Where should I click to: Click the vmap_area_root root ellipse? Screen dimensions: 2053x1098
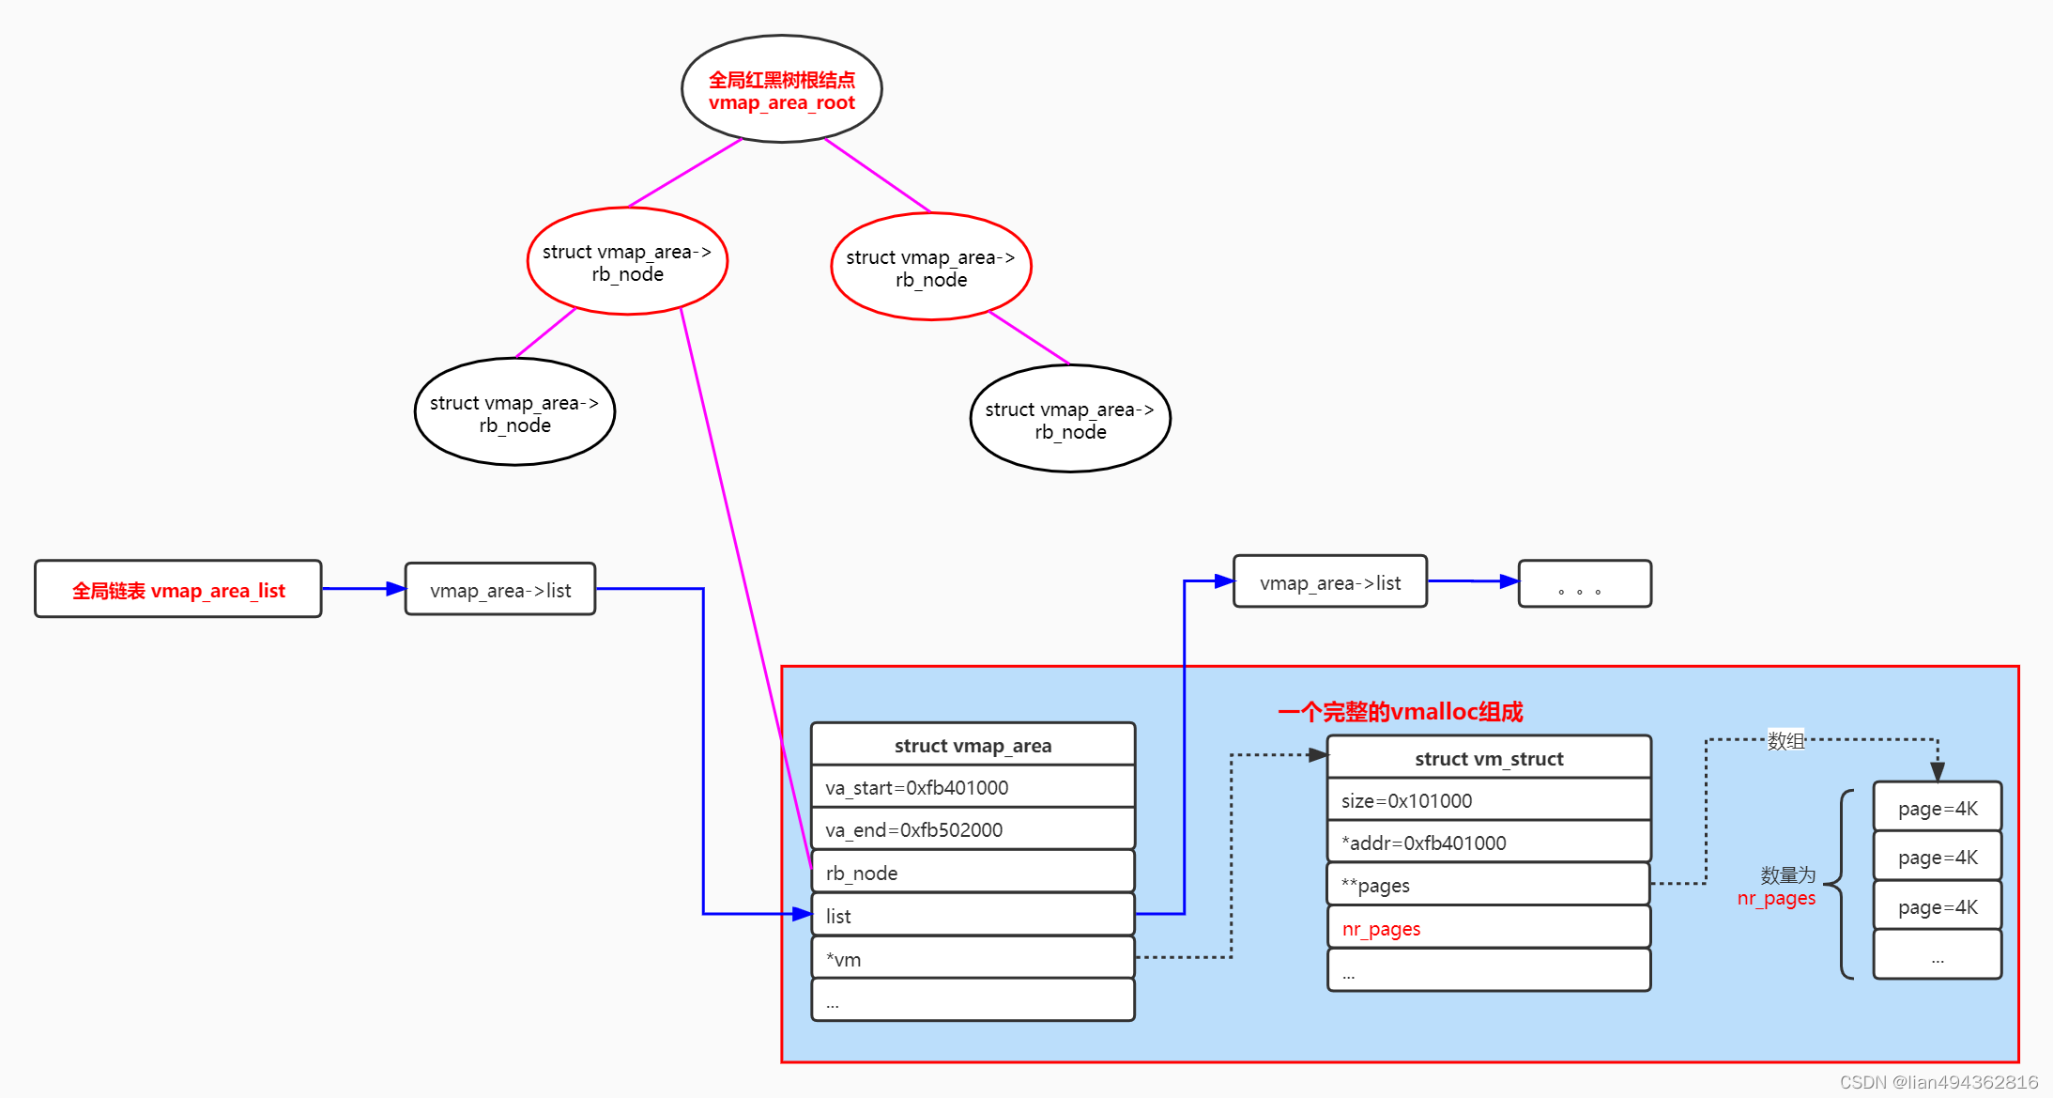point(781,89)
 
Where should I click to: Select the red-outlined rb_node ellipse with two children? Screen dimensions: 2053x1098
point(627,261)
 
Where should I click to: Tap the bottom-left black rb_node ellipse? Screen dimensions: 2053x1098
point(514,411)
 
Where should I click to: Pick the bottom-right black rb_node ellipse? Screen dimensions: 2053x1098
point(1070,419)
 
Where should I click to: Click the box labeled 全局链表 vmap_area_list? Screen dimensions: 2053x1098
point(178,589)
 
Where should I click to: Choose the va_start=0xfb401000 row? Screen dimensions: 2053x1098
point(973,787)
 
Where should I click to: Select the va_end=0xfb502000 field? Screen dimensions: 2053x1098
point(973,829)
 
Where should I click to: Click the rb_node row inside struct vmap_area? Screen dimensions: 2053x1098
point(973,873)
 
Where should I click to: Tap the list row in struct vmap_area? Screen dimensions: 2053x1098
point(973,915)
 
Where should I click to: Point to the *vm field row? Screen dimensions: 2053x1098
point(973,958)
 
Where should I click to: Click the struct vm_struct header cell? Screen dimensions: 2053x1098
point(1489,757)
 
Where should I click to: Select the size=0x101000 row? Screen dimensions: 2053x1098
point(1489,800)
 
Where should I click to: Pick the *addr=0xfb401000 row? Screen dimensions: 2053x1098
point(1489,843)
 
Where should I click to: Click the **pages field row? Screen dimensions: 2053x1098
point(1489,885)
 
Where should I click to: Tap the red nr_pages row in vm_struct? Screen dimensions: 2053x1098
point(1489,928)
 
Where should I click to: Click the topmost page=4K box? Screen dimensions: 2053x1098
point(1938,807)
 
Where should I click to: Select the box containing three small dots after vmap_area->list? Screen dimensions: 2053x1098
point(1585,583)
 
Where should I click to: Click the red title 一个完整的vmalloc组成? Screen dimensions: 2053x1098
point(1400,712)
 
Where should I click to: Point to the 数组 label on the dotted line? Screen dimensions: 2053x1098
point(1785,740)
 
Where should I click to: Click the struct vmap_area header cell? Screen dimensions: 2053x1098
point(973,744)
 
